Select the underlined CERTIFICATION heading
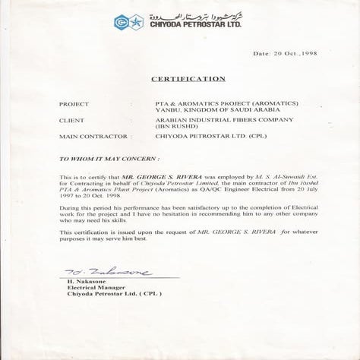coord(188,78)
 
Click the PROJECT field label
coord(74,103)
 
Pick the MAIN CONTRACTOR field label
coord(88,137)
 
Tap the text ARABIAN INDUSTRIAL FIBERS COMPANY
coord(199,120)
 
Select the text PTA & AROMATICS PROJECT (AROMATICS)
coord(215,103)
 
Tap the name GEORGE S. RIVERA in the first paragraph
coord(153,176)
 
